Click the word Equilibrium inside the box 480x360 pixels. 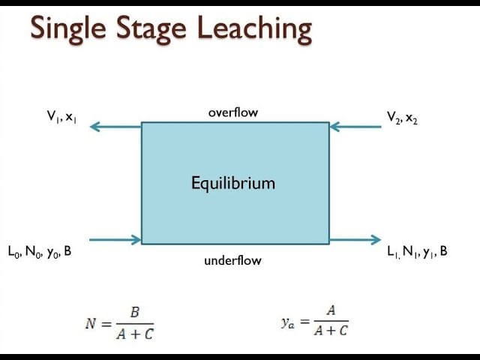(232, 183)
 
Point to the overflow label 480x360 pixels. (232, 112)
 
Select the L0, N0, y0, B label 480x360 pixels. (40, 252)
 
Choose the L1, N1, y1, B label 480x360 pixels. (415, 252)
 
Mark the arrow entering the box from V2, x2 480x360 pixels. (355, 127)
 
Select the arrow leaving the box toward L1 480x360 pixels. (355, 240)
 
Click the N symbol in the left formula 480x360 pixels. (90, 324)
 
